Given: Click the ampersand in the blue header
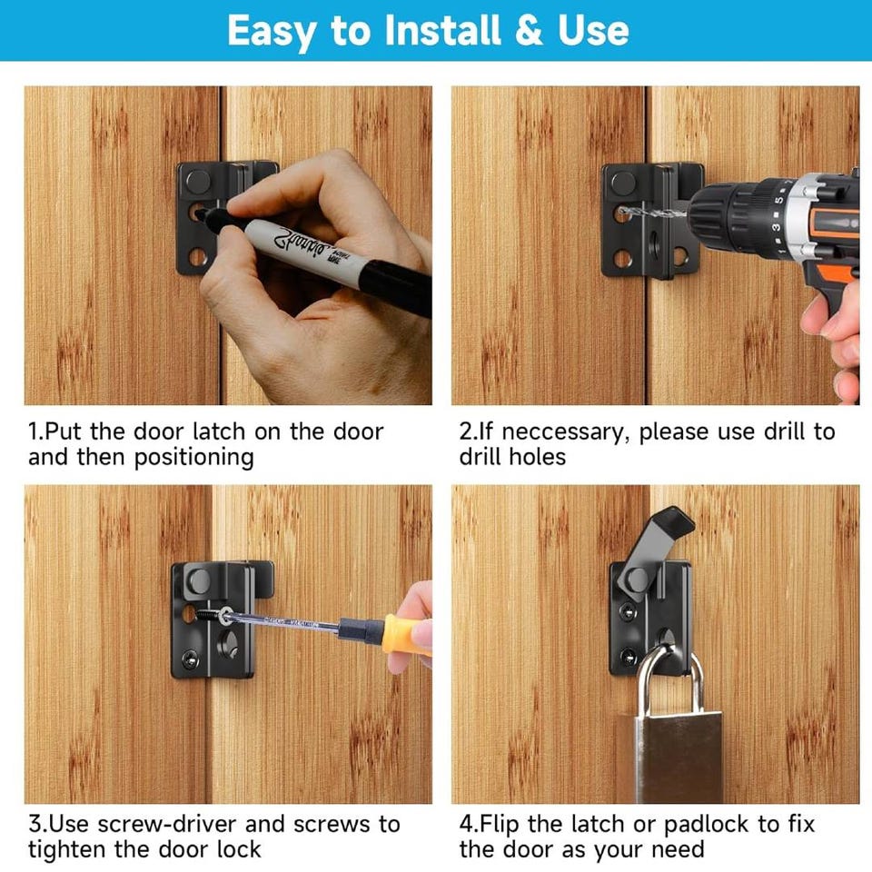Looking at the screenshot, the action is pyautogui.click(x=529, y=31).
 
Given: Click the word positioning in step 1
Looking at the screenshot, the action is pyautogui.click(x=194, y=458).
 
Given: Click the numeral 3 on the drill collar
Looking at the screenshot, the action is pyautogui.click(x=775, y=227).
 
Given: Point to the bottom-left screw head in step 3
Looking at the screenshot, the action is pyautogui.click(x=191, y=659).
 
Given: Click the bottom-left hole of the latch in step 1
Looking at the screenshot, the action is pyautogui.click(x=197, y=257).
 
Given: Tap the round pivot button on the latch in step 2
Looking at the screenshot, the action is pyautogui.click(x=623, y=183).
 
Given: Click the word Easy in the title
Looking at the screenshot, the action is pyautogui.click(x=272, y=32).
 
